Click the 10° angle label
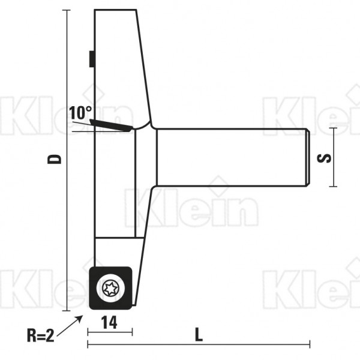pos(80,113)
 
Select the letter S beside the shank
pos(324,158)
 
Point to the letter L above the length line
pos(199,335)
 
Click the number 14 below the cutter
pos(109,322)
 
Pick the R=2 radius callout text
pos(40,335)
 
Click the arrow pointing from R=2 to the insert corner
pos(70,326)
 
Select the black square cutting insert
pos(110,288)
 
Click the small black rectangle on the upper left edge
pos(92,59)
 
